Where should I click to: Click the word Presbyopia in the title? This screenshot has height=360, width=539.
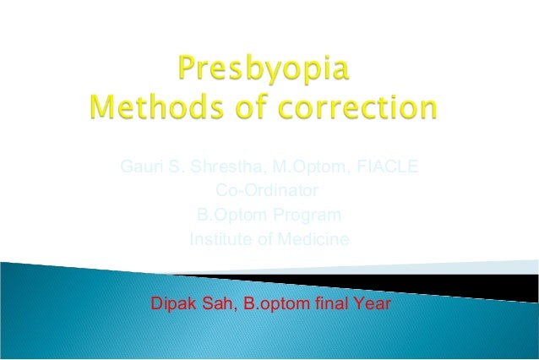pos(264,68)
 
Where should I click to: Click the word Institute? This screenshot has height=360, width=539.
pos(220,239)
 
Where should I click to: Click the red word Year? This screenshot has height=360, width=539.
pos(371,302)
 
